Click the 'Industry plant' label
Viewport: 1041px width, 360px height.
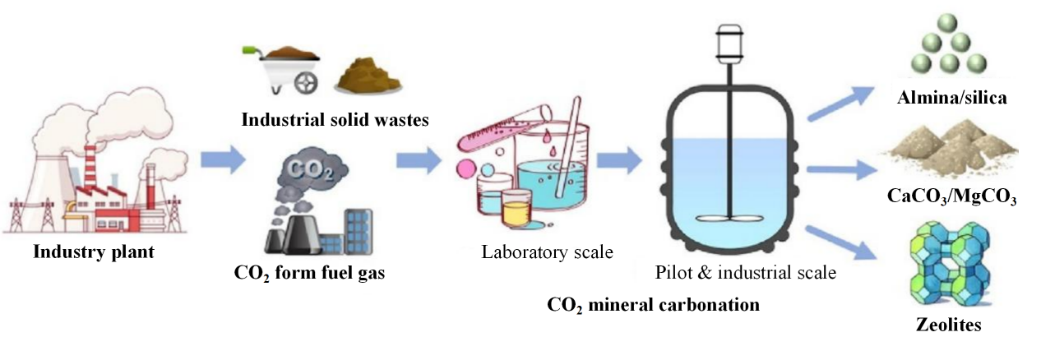pos(94,251)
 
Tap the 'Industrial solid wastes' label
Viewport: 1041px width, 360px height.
pos(335,120)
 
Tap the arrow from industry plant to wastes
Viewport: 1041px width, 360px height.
pos(223,159)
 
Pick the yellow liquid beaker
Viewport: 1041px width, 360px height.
pos(517,210)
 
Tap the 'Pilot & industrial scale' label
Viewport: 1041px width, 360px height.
pos(746,272)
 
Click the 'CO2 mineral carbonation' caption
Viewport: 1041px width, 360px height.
pos(653,305)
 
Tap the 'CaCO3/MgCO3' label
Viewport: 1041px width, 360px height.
pos(952,197)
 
